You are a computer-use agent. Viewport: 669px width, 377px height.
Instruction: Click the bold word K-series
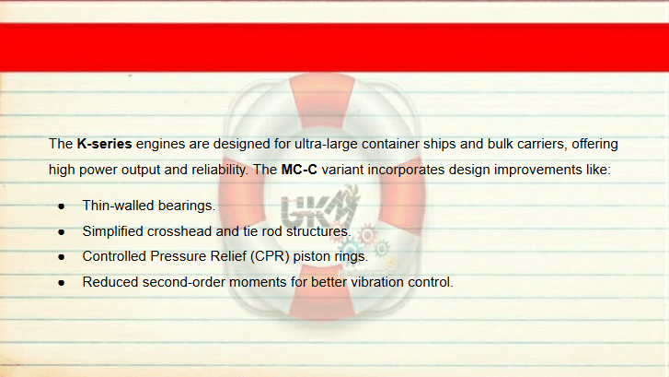click(x=104, y=144)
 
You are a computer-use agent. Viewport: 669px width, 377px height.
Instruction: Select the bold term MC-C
click(x=299, y=170)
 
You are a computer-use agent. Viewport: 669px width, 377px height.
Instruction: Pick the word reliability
click(x=220, y=170)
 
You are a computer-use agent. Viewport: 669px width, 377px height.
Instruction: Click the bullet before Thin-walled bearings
click(x=62, y=206)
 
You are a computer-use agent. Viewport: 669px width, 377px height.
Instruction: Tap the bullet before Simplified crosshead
click(x=62, y=232)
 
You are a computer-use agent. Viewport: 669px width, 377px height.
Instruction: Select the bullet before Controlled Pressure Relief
click(x=62, y=257)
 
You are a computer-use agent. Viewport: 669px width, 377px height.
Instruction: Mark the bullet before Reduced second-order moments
click(x=62, y=283)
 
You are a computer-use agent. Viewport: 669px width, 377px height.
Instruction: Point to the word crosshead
click(x=179, y=231)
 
